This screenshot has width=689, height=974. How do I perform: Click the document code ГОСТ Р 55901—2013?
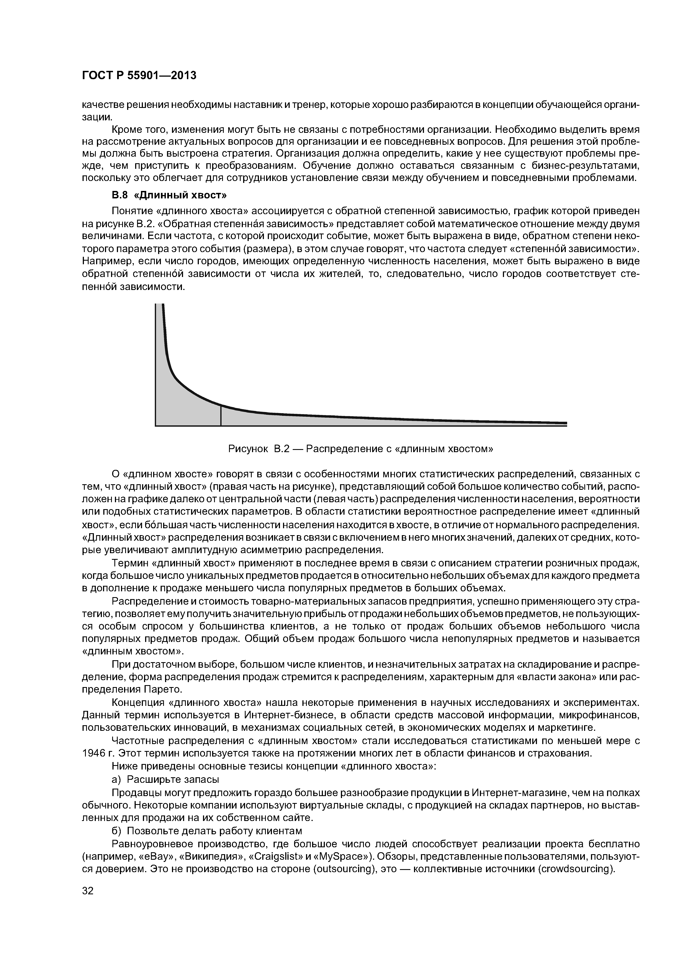coord(139,76)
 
